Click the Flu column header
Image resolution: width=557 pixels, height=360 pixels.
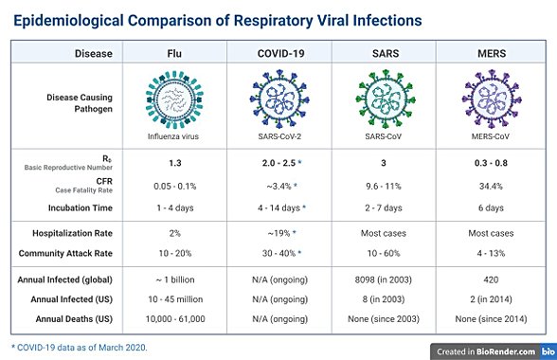click(x=175, y=54)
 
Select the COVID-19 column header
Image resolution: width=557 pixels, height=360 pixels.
click(x=279, y=54)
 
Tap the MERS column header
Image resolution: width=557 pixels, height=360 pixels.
click(x=490, y=54)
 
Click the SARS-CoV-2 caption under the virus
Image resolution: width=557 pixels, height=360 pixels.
click(x=279, y=136)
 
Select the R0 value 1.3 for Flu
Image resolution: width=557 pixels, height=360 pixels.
click(x=175, y=163)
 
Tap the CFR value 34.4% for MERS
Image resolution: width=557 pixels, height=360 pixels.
click(x=490, y=186)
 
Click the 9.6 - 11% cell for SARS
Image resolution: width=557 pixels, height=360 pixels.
click(x=384, y=186)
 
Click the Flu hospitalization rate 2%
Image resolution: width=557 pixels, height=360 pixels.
click(x=175, y=233)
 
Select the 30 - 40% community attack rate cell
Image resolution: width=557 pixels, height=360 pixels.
click(x=277, y=254)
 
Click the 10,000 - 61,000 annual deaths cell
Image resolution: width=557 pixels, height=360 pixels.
click(x=175, y=318)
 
